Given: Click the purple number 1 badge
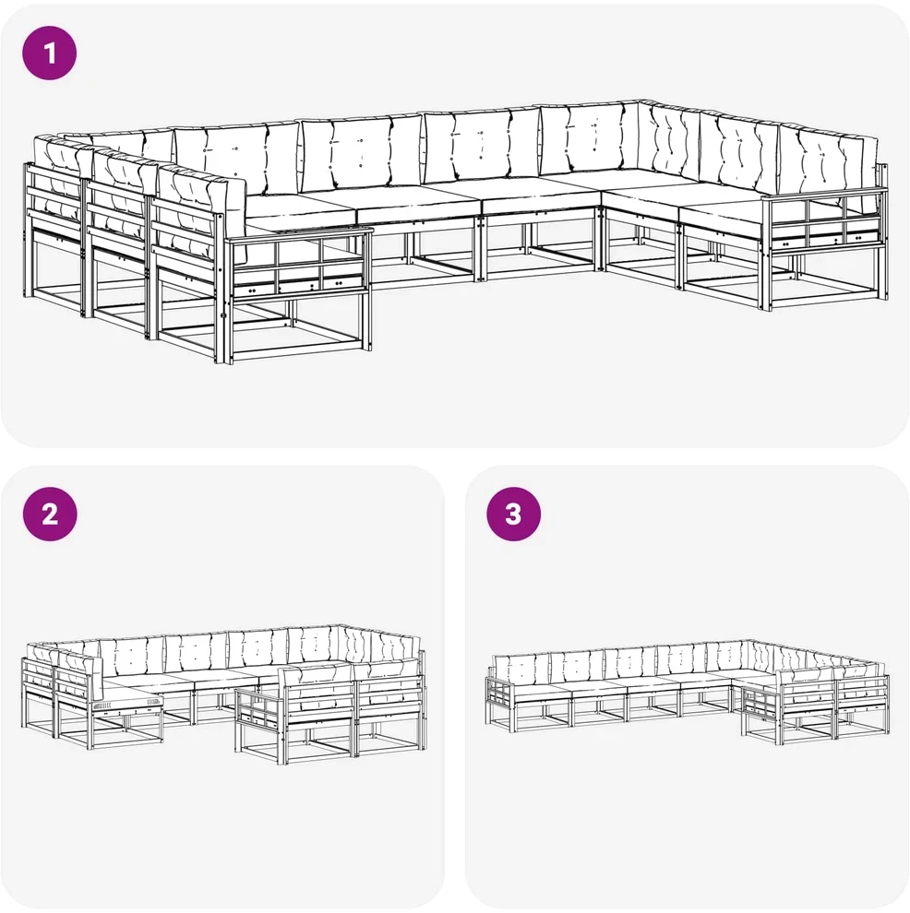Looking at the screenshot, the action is (x=50, y=53).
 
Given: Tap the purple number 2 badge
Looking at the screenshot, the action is (x=50, y=515).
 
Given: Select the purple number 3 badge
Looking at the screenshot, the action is (x=514, y=515).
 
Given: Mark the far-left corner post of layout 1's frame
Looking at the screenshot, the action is (x=26, y=230).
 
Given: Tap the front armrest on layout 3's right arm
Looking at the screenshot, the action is (x=761, y=702).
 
